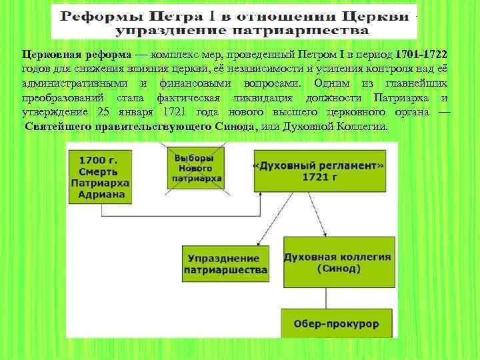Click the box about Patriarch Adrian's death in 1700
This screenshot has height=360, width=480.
[x=99, y=177]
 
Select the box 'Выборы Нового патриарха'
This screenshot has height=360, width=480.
[x=194, y=169]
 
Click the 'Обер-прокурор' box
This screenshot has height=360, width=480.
[x=336, y=324]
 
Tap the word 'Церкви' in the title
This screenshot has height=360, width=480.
[x=377, y=16]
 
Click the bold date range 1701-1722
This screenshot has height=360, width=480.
[x=421, y=54]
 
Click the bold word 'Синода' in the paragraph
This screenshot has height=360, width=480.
[x=235, y=127]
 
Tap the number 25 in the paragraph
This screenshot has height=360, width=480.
[x=104, y=112]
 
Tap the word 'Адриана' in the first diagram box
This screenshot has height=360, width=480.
[x=102, y=195]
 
